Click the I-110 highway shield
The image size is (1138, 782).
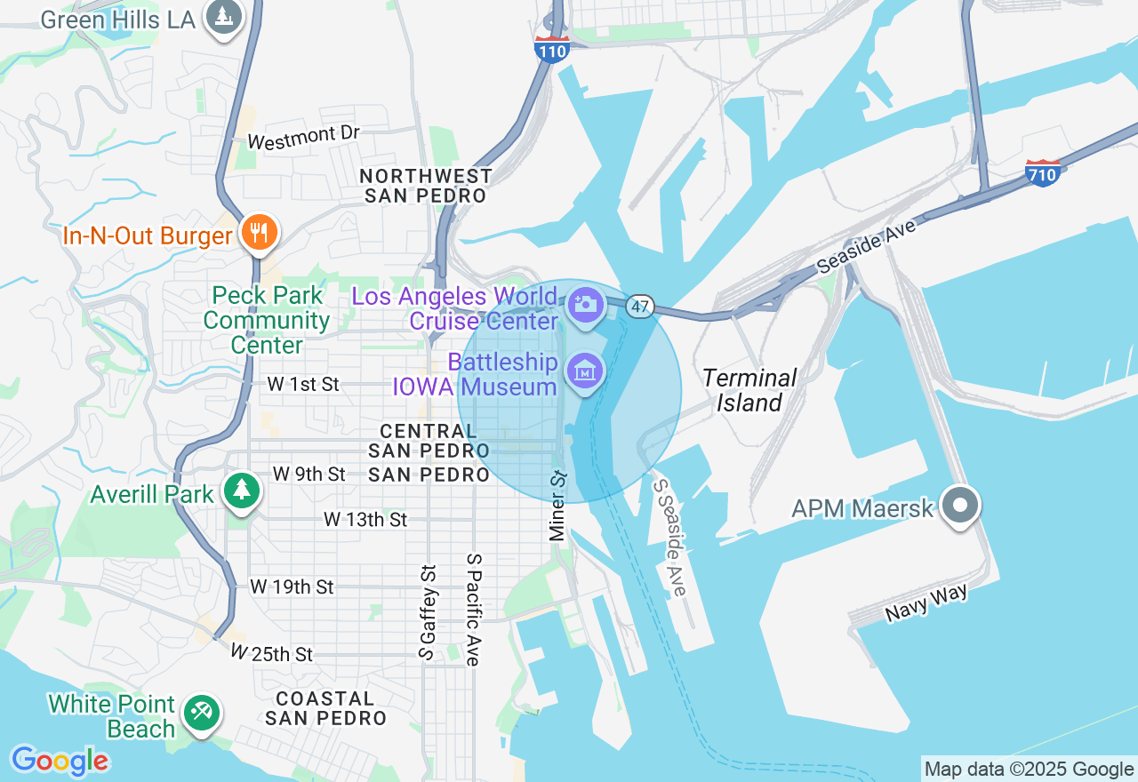[x=552, y=50]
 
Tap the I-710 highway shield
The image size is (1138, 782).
[x=1042, y=172]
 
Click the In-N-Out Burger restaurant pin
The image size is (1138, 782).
[x=260, y=233]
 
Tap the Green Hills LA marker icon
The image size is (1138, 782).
[x=224, y=17]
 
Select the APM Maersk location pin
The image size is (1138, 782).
[x=960, y=507]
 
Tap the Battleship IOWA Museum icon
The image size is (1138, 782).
[x=585, y=371]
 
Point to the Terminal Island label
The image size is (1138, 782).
[x=749, y=390]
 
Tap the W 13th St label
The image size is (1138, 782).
[x=365, y=519]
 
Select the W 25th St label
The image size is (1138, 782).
[x=272, y=653]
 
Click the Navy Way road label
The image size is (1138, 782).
[x=926, y=603]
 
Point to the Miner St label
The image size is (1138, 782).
[x=557, y=507]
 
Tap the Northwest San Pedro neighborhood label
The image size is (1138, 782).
[x=426, y=185]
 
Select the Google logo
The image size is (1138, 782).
[x=60, y=760]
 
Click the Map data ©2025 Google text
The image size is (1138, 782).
[x=1029, y=770]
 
